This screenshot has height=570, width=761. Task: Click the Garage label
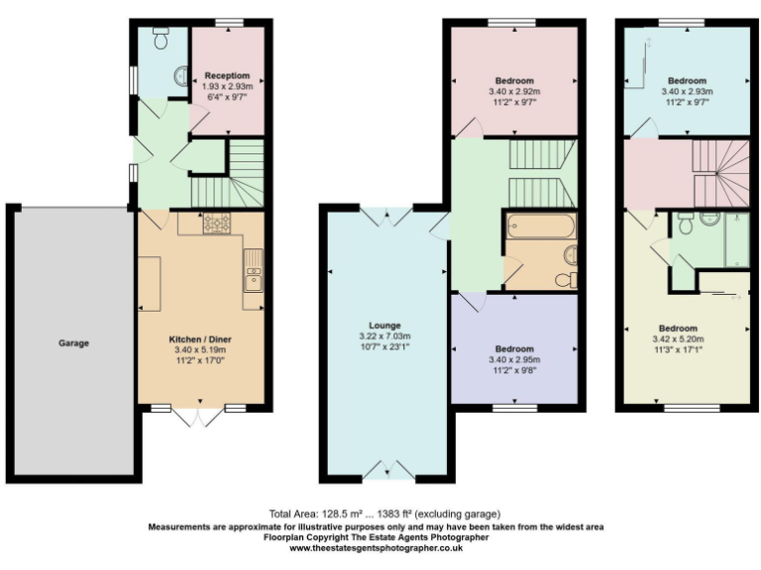tap(72, 343)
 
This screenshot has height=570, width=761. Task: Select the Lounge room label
tap(384, 325)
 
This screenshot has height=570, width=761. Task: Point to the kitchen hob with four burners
tap(217, 224)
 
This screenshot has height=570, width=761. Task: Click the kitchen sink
tap(254, 269)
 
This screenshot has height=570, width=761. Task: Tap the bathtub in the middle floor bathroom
tap(538, 226)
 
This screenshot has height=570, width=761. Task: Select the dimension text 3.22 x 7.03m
tap(384, 335)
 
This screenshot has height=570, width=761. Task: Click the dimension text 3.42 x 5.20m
tap(679, 338)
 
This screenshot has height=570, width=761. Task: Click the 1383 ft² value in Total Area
tap(391, 514)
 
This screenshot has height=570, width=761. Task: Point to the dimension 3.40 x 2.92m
tap(514, 91)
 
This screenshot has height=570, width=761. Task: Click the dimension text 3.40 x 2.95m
tap(514, 359)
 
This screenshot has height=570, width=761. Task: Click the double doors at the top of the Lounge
tap(385, 216)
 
